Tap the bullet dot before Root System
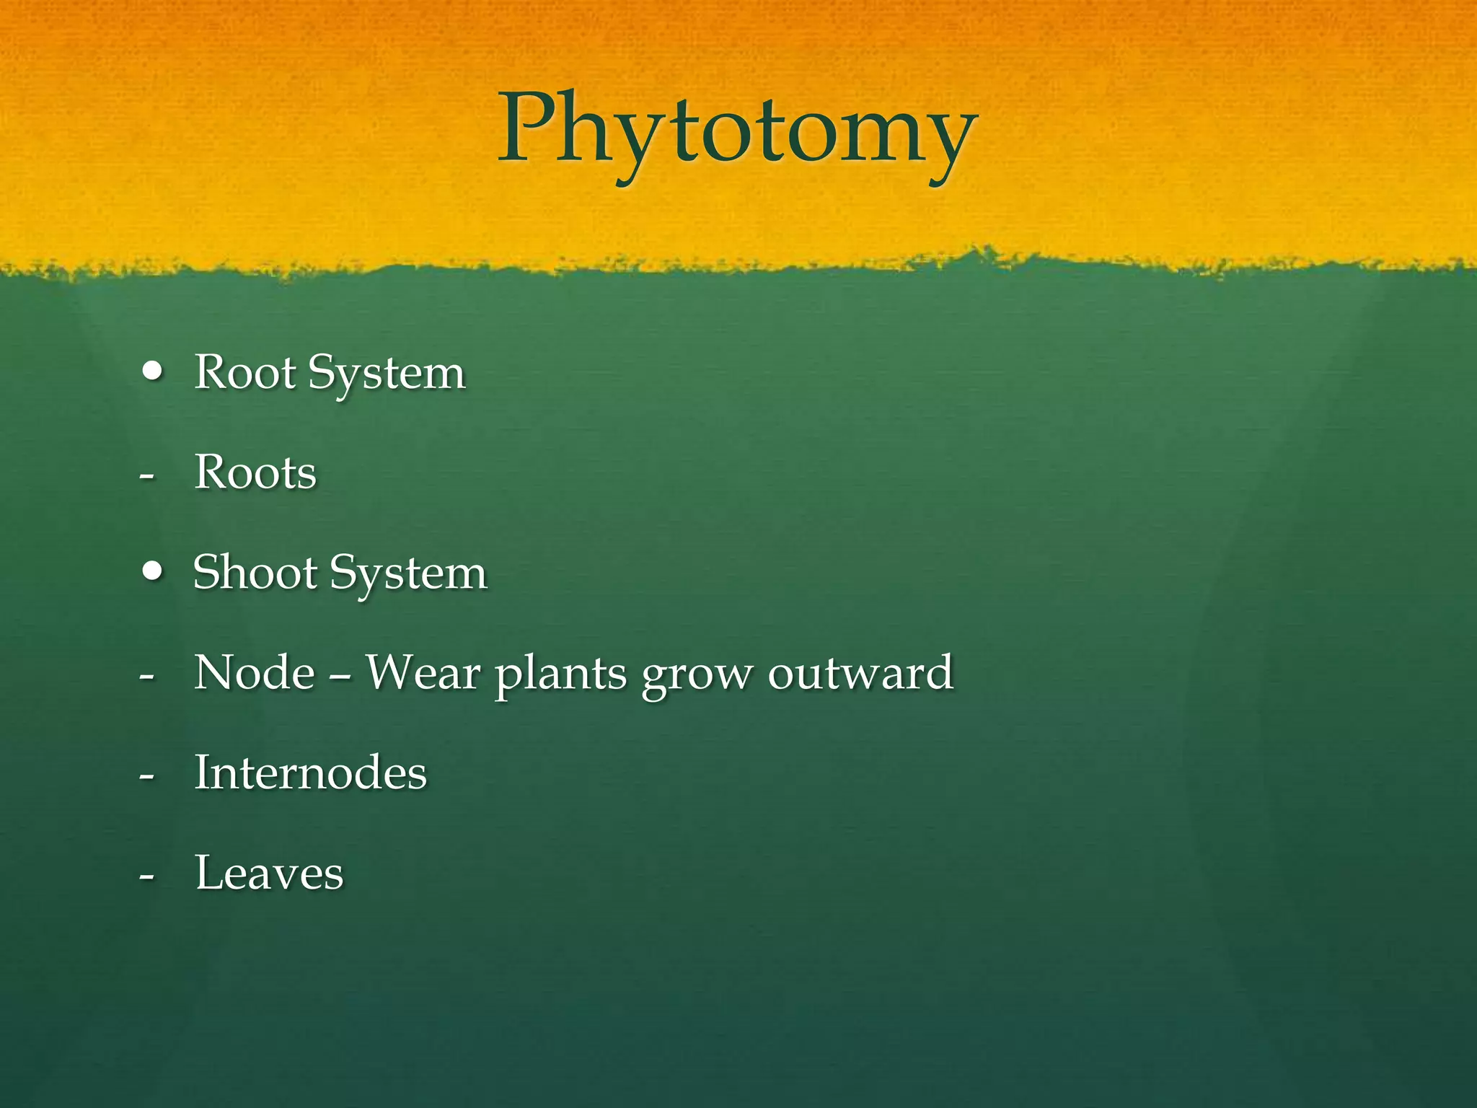click(x=153, y=372)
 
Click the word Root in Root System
click(x=245, y=374)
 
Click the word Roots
click(x=255, y=473)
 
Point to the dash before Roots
click(x=147, y=476)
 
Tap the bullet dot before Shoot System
click(x=153, y=572)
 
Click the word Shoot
click(x=255, y=573)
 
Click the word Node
click(x=255, y=673)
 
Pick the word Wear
click(x=423, y=673)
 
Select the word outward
click(x=860, y=673)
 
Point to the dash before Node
click(x=147, y=677)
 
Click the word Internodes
click(x=311, y=773)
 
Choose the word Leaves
click(x=269, y=874)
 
